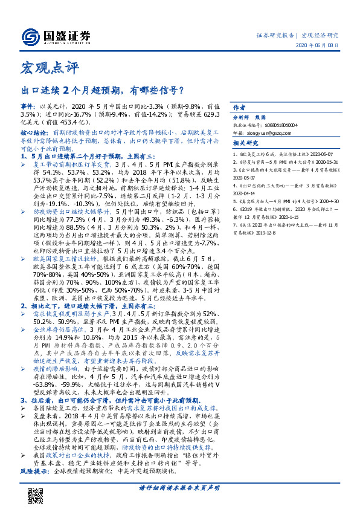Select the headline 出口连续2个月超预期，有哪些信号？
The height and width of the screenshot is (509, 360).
click(103, 92)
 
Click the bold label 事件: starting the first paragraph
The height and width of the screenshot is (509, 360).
click(29, 106)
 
